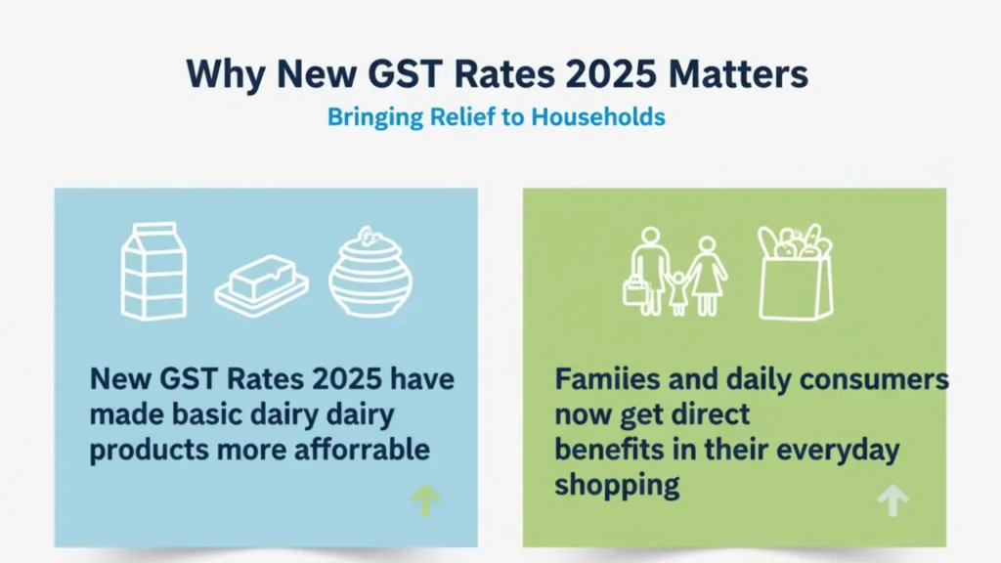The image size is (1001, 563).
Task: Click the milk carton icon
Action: [153, 271]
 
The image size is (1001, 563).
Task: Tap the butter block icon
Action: [262, 285]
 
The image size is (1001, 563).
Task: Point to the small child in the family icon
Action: [678, 293]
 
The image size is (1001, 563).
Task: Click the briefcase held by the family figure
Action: [635, 291]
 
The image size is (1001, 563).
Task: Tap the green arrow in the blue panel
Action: [426, 500]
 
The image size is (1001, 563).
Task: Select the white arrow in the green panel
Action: [893, 499]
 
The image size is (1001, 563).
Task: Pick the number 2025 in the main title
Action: [611, 73]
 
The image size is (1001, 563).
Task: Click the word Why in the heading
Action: [226, 74]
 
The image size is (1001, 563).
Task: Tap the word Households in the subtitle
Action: [598, 117]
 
